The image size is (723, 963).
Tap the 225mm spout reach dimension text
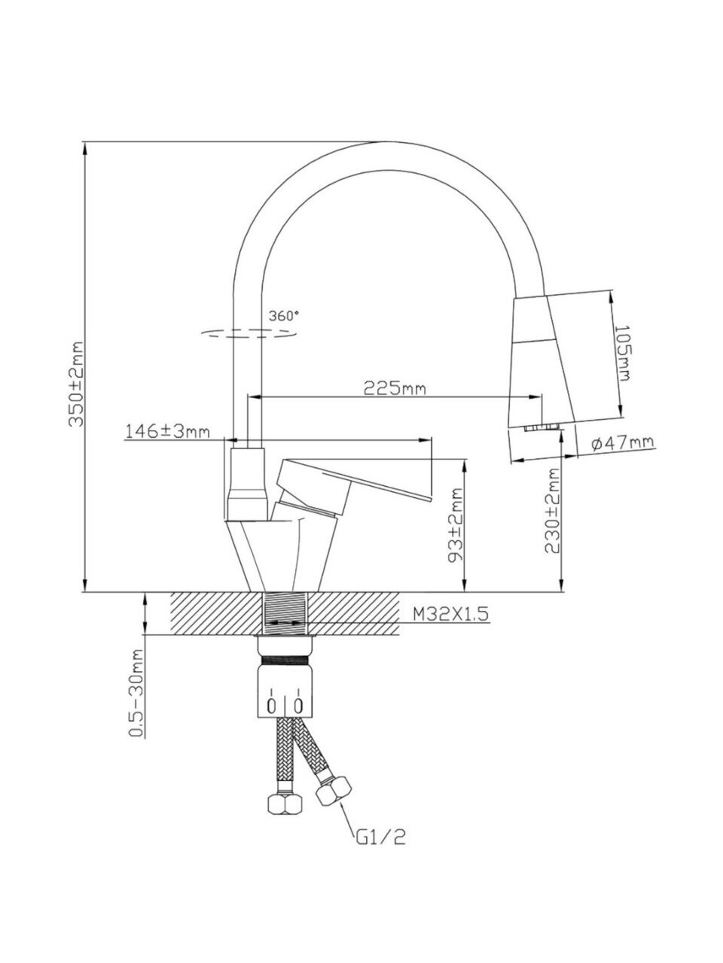(x=395, y=387)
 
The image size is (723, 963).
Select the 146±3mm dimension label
(x=168, y=431)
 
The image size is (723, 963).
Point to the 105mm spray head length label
(x=622, y=353)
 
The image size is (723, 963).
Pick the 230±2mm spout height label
(x=553, y=511)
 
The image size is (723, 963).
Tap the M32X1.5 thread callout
(x=450, y=614)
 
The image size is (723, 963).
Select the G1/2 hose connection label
(x=380, y=850)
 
